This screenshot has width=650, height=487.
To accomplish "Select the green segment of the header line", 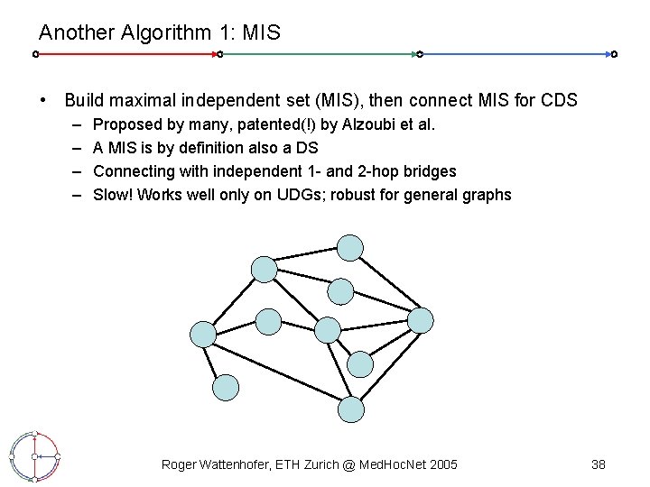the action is point(318,54).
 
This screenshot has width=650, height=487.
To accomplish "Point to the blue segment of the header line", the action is point(515,54).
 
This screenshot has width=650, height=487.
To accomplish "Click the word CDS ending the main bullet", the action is point(558,100).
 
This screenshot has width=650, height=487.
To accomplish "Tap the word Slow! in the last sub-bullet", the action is point(115,194).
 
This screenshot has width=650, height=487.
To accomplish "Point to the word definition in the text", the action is point(200,147).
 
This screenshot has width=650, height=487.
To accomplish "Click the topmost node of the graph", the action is point(350,247).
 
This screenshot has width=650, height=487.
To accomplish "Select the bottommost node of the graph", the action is point(351,409).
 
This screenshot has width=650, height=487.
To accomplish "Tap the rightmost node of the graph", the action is point(421,319).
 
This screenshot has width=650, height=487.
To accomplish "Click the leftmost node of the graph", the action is point(204,334).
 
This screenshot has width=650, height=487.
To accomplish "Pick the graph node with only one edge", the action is point(226,388).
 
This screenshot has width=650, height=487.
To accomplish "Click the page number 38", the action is point(598,464).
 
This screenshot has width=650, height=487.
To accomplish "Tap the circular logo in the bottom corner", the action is point(33,456).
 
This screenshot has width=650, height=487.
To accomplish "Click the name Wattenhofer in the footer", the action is point(245,464).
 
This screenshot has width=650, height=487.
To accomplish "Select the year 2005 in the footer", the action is point(441,464).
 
